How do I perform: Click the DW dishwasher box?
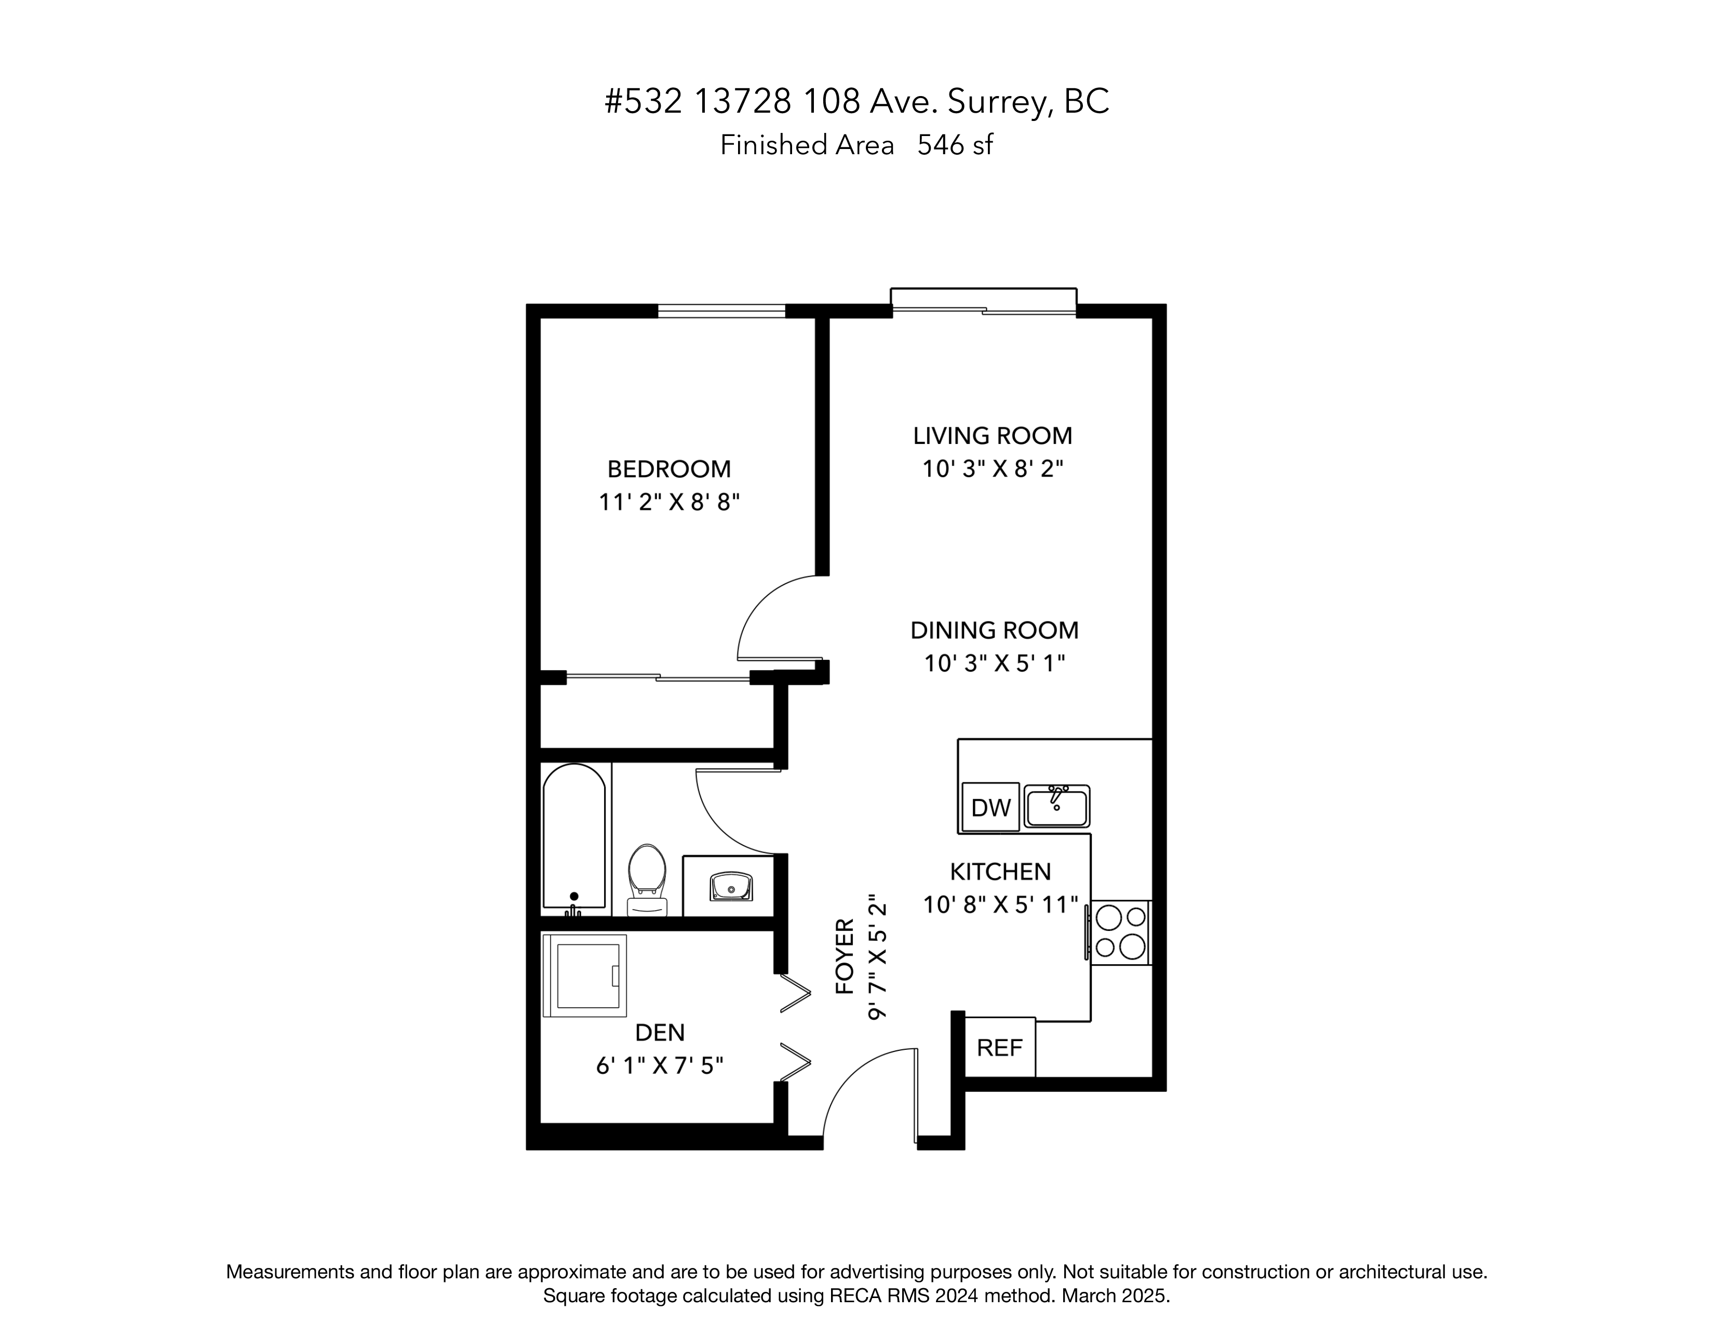(x=990, y=807)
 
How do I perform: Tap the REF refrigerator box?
(x=1000, y=1048)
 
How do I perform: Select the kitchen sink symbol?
(x=1057, y=805)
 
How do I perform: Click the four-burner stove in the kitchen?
(x=1120, y=933)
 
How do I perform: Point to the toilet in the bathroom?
(x=648, y=880)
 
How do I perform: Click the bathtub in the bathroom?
(x=574, y=839)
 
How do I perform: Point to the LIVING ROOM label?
(x=993, y=435)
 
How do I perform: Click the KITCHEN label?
(x=1001, y=871)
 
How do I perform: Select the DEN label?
(x=660, y=1032)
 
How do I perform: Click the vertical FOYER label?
(x=845, y=956)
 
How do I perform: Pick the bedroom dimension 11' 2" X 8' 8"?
(x=669, y=502)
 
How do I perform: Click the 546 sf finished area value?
(x=955, y=145)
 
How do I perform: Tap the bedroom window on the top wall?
(x=721, y=310)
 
